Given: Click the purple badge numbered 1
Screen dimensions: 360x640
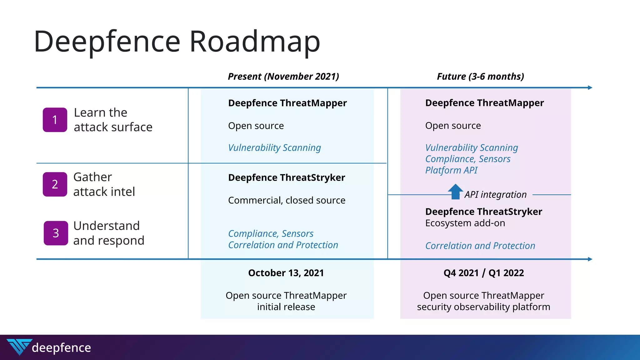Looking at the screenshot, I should (x=55, y=120).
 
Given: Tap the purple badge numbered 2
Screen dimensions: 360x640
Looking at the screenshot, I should (x=55, y=184).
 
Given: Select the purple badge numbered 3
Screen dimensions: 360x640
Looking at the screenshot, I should (x=56, y=233).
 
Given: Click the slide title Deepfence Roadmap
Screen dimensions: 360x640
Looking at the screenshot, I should (x=177, y=41).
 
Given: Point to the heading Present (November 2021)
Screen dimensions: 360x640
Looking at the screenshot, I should (x=283, y=77).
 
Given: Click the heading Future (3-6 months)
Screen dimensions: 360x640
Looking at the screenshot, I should (x=480, y=77).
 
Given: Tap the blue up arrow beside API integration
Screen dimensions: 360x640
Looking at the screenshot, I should (x=456, y=191).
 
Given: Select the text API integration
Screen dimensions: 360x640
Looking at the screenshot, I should (x=495, y=195).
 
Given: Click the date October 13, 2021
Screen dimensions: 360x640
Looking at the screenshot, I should (x=286, y=273).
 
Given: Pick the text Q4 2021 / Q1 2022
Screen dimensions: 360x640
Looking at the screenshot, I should (x=484, y=273).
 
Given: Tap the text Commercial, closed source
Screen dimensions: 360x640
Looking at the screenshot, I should (x=287, y=200).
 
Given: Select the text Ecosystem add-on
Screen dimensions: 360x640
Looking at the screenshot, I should (x=465, y=223).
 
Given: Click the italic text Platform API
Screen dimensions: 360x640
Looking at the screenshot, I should (x=451, y=170).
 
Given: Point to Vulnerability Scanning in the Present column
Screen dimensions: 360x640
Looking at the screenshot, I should (x=274, y=148).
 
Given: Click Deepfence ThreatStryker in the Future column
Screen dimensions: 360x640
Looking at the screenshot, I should (x=483, y=212).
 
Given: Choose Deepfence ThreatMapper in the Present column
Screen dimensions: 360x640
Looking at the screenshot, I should (x=287, y=103).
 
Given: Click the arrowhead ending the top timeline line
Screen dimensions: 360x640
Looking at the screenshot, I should (x=590, y=88).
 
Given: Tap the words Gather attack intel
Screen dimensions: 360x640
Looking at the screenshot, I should (x=104, y=184).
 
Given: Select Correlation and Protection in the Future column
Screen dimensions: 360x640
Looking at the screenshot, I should (x=480, y=246).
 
